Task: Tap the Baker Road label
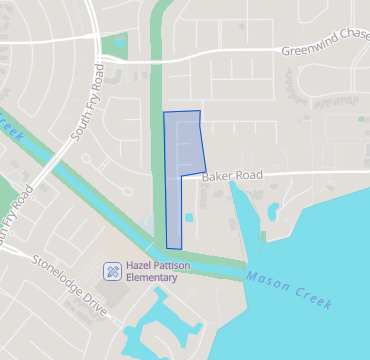[232, 176]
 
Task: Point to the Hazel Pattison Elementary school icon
[113, 270]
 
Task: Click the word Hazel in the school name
[140, 266]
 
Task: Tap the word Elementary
[152, 277]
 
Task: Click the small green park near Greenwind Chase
[120, 46]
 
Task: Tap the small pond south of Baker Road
[272, 210]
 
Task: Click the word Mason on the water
[266, 277]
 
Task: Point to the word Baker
[217, 177]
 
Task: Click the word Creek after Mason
[314, 294]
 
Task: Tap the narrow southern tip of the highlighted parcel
[174, 240]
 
